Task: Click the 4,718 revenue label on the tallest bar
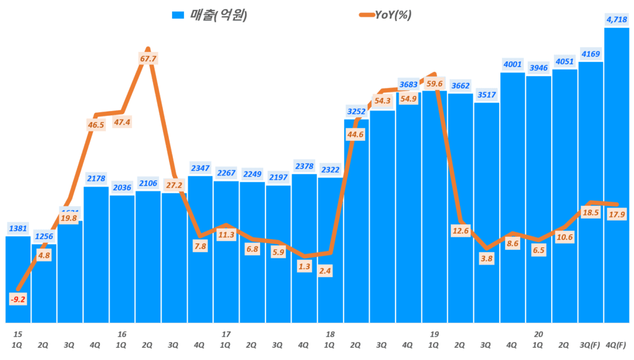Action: click(x=617, y=20)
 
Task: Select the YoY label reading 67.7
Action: click(x=148, y=59)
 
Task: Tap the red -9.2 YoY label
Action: click(x=19, y=299)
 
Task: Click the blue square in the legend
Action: click(x=178, y=15)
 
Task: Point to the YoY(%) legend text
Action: click(x=393, y=15)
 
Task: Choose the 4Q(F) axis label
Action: click(x=617, y=344)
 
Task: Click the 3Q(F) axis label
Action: click(x=591, y=344)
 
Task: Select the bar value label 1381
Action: click(x=19, y=229)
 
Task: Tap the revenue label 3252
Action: click(x=356, y=112)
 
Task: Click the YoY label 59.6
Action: click(x=435, y=84)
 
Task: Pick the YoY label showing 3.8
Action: click(x=486, y=259)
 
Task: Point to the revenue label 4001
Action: click(x=513, y=64)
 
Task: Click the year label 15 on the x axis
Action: click(x=18, y=333)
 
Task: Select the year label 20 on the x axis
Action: click(x=538, y=333)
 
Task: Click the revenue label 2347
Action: click(x=200, y=168)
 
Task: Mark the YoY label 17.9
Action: click(x=616, y=215)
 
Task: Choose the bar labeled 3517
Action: click(x=486, y=211)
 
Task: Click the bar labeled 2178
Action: click(x=96, y=254)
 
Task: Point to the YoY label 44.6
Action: click(x=356, y=134)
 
